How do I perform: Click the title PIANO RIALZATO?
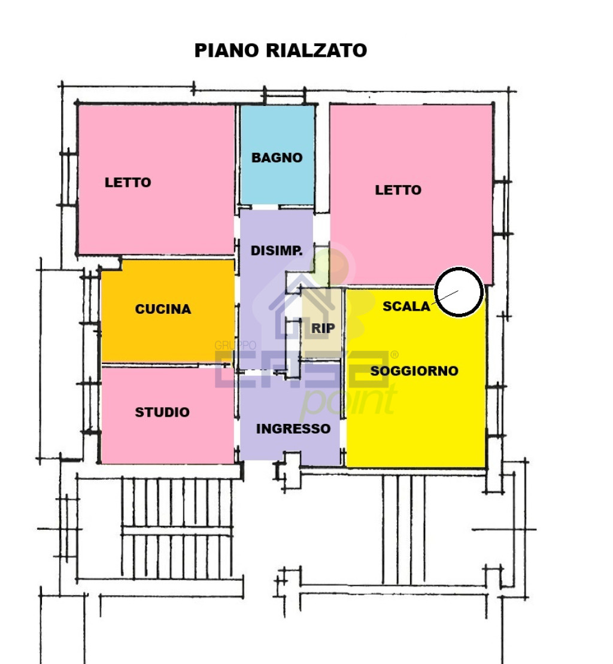(x=280, y=50)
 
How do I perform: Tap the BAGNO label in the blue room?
(x=277, y=157)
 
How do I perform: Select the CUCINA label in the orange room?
(x=163, y=309)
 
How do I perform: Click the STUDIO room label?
(x=162, y=412)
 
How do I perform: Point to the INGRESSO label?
(x=293, y=429)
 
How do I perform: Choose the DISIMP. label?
(x=277, y=251)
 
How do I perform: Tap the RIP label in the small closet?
(x=323, y=328)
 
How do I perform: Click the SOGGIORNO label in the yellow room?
(x=414, y=371)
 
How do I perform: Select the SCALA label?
(x=406, y=306)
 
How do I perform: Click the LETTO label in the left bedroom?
(x=128, y=183)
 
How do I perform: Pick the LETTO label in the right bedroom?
(x=398, y=190)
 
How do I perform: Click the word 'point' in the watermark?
(x=348, y=400)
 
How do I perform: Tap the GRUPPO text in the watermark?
(x=235, y=345)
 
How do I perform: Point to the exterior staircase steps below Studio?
(x=177, y=528)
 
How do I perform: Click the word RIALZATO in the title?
(x=316, y=50)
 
